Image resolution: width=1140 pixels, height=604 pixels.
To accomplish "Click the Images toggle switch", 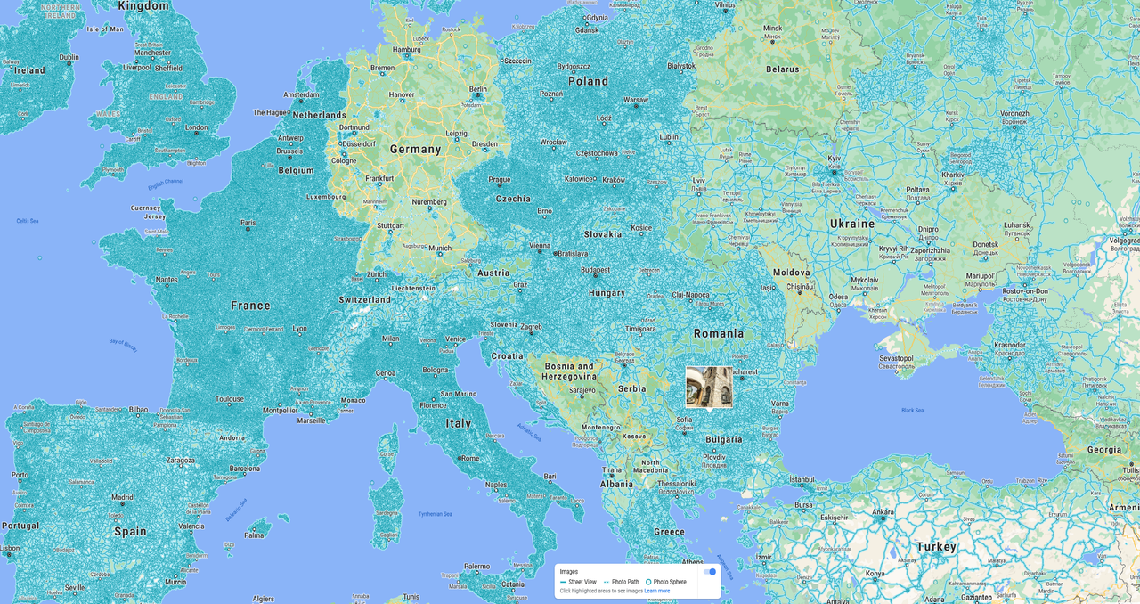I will [x=710, y=572].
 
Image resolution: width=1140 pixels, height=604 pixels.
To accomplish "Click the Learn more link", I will [x=656, y=591].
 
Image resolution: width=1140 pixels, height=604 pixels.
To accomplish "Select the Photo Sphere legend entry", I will [x=669, y=582].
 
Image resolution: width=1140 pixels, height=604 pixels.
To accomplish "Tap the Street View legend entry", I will [x=582, y=582].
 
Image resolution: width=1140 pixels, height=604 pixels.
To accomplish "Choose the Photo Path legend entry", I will [x=624, y=582].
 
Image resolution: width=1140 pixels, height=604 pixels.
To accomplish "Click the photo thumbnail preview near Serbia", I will [x=709, y=387].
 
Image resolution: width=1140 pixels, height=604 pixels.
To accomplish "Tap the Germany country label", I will [x=415, y=150].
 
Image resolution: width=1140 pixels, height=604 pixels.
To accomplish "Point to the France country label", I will [x=250, y=306].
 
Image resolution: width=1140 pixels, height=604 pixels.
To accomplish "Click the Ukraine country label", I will [x=852, y=224].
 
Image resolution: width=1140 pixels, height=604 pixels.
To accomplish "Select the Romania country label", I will [x=719, y=334].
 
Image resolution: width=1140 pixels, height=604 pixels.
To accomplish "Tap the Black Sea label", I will [x=912, y=410].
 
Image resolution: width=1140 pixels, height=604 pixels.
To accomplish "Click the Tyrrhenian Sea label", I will [x=436, y=514].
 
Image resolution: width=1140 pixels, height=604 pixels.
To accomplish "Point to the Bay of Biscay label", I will [x=123, y=345].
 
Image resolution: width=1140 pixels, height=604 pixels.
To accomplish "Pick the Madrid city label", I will [x=122, y=497].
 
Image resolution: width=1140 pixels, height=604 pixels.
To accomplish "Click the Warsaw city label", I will [x=635, y=100].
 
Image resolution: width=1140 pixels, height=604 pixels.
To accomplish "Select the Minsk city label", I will [x=772, y=29].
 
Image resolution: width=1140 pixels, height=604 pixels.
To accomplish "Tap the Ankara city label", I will [x=883, y=512].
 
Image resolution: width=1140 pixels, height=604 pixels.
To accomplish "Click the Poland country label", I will [x=588, y=81].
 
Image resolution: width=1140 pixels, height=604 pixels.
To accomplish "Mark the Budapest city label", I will [x=595, y=270].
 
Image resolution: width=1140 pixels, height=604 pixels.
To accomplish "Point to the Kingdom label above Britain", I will [x=143, y=6].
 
